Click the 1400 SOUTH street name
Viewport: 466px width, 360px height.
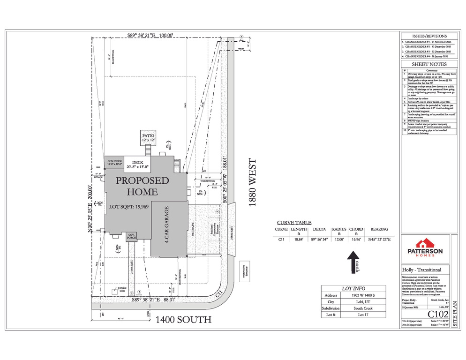click(x=183, y=320)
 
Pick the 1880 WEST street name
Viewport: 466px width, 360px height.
click(x=252, y=183)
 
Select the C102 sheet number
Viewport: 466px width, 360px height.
click(x=435, y=314)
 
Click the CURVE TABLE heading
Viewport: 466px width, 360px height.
click(x=294, y=223)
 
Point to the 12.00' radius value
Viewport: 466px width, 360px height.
click(x=338, y=239)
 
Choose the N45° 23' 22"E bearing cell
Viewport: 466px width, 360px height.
click(x=379, y=239)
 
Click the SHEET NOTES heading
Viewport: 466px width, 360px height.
click(x=429, y=64)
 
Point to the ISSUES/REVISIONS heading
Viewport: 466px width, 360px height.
click(x=429, y=36)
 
